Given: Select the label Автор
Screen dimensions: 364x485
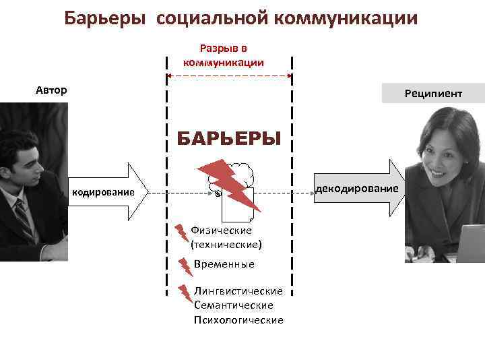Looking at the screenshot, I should coord(51,90).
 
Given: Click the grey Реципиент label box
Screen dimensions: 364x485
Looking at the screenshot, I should coord(432,94).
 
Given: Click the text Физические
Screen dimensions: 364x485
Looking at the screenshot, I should coord(221,230).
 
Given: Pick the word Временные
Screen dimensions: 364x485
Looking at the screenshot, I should coord(224,264).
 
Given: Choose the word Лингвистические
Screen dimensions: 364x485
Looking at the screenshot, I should coord(238,291).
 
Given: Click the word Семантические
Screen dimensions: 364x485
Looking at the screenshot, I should coord(233,305).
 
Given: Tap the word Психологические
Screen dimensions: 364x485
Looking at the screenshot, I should coord(238,320).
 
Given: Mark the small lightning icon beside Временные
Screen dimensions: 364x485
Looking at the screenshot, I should coord(185,266).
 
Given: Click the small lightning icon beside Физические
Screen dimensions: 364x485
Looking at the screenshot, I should coord(182,233).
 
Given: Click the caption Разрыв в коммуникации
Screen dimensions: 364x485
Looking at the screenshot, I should coord(223,55).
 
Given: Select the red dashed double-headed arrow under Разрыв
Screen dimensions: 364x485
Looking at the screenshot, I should coord(229,76).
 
